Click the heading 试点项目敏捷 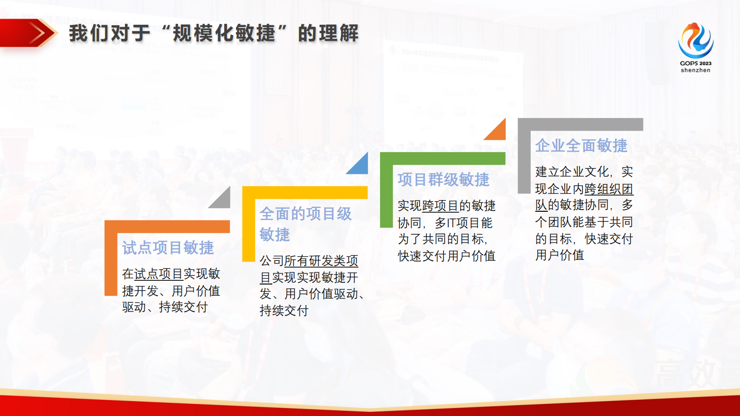[x=168, y=248]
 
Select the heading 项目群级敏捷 [x=443, y=180]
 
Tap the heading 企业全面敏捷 [x=581, y=146]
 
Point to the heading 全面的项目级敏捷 [x=305, y=223]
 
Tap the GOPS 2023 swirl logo [x=695, y=40]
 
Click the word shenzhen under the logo [x=695, y=70]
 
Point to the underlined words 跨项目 [x=440, y=206]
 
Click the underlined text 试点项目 [x=159, y=274]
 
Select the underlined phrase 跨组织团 [x=609, y=189]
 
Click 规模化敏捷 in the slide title [x=224, y=34]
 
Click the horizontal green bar [x=443, y=159]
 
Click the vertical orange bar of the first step [x=111, y=261]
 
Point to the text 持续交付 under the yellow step [x=284, y=311]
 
